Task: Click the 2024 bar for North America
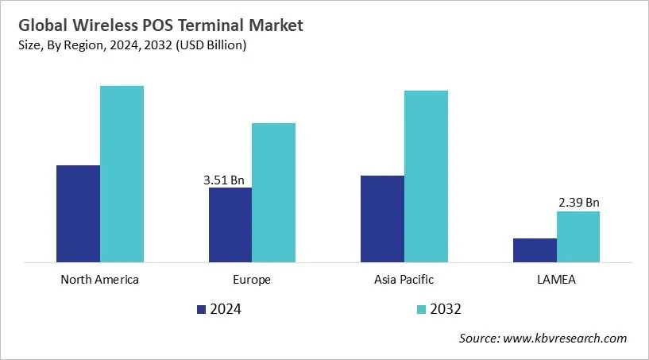pyautogui.click(x=78, y=213)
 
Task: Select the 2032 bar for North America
pyautogui.click(x=122, y=173)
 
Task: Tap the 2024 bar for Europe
pyautogui.click(x=230, y=224)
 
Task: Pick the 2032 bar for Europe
pyautogui.click(x=273, y=192)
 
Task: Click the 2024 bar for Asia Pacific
pyautogui.click(x=382, y=219)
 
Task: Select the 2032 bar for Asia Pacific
pyautogui.click(x=426, y=176)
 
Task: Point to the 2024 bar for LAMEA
pyautogui.click(x=535, y=250)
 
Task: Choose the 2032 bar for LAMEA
pyautogui.click(x=578, y=236)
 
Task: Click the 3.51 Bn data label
pyautogui.click(x=224, y=180)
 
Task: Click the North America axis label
pyautogui.click(x=99, y=280)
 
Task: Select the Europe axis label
pyautogui.click(x=252, y=280)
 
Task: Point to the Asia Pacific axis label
pyautogui.click(x=404, y=280)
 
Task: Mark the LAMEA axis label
pyautogui.click(x=556, y=280)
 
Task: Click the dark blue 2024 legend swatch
pyautogui.click(x=201, y=309)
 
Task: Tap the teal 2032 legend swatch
pyautogui.click(x=421, y=309)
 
